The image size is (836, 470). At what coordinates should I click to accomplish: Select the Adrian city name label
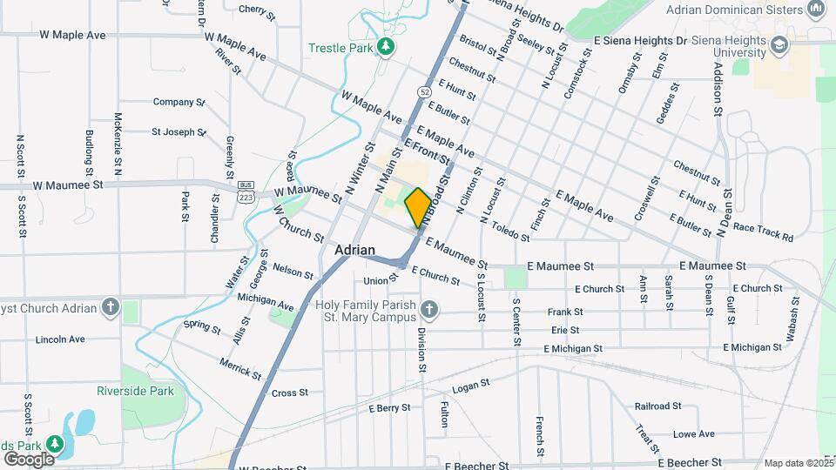354,250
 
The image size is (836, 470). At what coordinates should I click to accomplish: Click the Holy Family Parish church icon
428,309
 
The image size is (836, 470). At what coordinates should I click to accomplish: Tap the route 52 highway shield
423,91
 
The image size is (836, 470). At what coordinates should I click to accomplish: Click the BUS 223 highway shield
247,193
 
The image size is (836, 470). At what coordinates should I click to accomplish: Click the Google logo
29,459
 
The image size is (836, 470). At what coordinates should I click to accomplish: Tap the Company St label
179,102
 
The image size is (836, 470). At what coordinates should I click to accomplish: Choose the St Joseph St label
179,132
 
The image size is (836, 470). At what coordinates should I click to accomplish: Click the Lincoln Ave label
60,339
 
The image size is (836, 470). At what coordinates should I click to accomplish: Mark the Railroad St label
657,406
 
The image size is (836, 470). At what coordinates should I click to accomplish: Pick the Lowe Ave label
693,433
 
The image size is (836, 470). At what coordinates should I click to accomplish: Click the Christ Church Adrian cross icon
109,306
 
